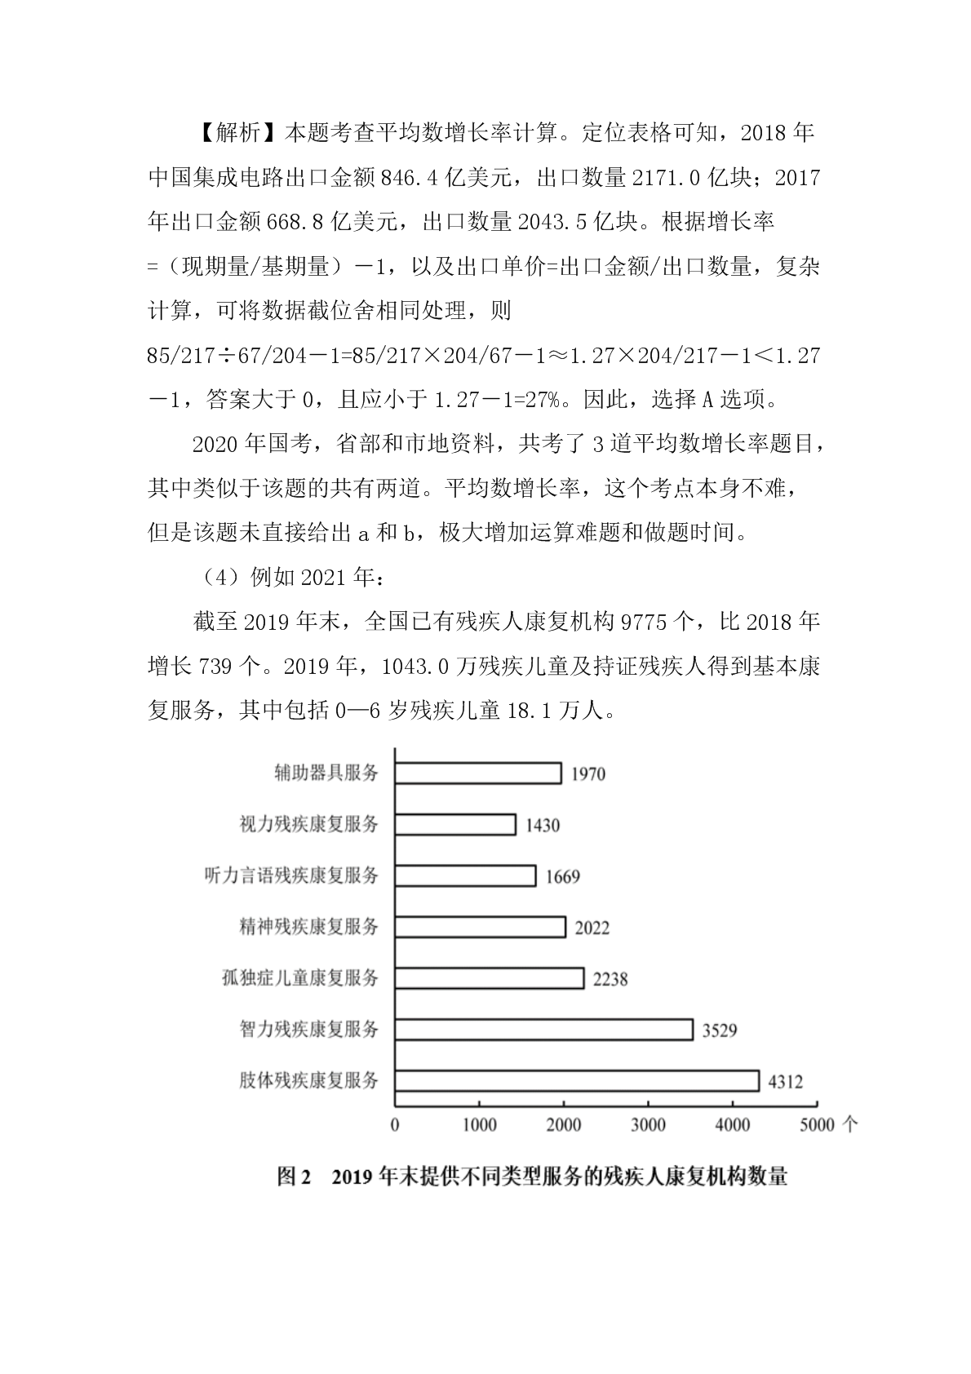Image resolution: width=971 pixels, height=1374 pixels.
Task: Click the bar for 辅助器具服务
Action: click(478, 773)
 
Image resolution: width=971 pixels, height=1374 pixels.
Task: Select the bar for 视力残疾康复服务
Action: click(455, 824)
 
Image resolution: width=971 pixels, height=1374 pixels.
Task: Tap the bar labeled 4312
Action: click(577, 1080)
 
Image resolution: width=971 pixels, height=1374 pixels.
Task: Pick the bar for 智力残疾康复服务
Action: click(543, 1029)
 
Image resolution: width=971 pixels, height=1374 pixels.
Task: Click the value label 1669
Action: click(562, 876)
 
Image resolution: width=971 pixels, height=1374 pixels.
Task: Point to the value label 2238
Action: click(610, 978)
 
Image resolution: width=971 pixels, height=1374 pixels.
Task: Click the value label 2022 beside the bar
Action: click(592, 928)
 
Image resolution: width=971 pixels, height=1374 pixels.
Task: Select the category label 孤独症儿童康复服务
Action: click(300, 977)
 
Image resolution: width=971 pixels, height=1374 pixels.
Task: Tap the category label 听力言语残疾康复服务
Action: click(291, 875)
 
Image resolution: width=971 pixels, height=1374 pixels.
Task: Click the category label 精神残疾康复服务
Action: click(309, 927)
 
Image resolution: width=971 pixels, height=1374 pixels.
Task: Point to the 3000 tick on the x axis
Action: click(648, 1125)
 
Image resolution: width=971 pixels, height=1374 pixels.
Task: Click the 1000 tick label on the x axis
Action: click(479, 1125)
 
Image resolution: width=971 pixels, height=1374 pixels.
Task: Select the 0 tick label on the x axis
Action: click(396, 1125)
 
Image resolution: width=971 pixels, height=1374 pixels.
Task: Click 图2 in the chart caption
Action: click(295, 1177)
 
